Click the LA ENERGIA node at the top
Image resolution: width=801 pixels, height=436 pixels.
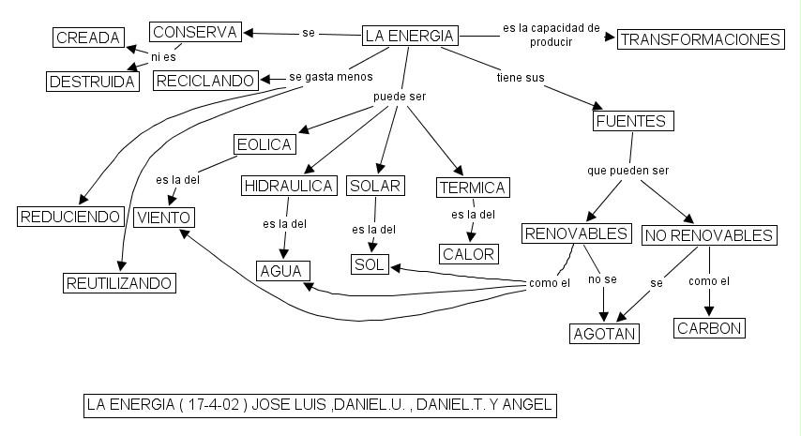410,37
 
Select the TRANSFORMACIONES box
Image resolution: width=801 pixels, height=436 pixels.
700,39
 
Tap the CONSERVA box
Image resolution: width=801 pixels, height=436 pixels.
195,32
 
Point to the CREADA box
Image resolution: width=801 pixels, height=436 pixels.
88,38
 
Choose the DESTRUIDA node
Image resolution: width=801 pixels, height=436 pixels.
92,82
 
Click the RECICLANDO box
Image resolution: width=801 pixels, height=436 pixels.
205,82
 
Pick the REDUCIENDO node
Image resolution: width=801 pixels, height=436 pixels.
70,217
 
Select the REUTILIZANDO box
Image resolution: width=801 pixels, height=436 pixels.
119,282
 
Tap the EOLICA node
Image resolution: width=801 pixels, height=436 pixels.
264,144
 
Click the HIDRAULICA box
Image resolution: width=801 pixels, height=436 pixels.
289,186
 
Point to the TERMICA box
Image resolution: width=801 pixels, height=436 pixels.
473,188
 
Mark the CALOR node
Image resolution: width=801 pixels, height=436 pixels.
468,254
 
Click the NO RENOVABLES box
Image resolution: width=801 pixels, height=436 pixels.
709,235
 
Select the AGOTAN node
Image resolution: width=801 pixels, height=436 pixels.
605,334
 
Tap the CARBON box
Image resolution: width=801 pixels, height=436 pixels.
709,328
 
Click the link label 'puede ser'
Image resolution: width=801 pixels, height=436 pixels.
400,97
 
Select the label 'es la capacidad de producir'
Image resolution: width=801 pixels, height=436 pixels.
551,35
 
